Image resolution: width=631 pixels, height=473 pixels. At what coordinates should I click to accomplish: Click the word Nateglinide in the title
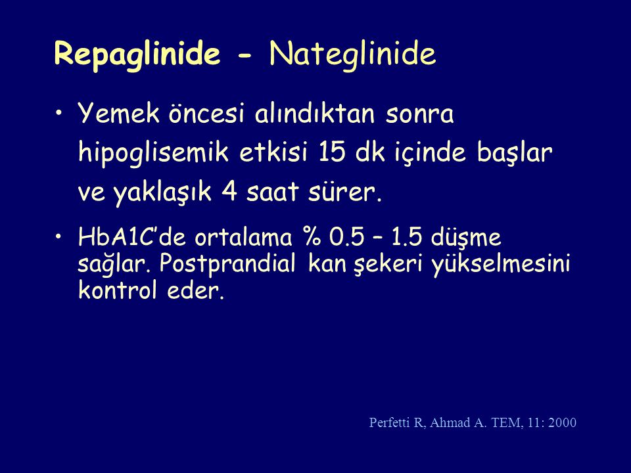352,53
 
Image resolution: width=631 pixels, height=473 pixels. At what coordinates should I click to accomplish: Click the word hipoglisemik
154,154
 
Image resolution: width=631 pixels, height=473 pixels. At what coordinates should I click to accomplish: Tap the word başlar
515,153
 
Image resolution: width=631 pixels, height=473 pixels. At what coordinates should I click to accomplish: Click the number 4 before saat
229,191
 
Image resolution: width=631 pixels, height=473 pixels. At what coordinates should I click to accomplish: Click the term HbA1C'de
131,237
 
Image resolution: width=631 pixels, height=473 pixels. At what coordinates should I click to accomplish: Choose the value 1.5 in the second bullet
406,237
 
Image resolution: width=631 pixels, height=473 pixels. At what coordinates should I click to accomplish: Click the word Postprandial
227,265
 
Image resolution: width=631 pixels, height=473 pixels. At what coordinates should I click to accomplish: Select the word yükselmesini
502,265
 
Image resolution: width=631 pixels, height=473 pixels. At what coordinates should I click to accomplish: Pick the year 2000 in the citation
562,422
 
